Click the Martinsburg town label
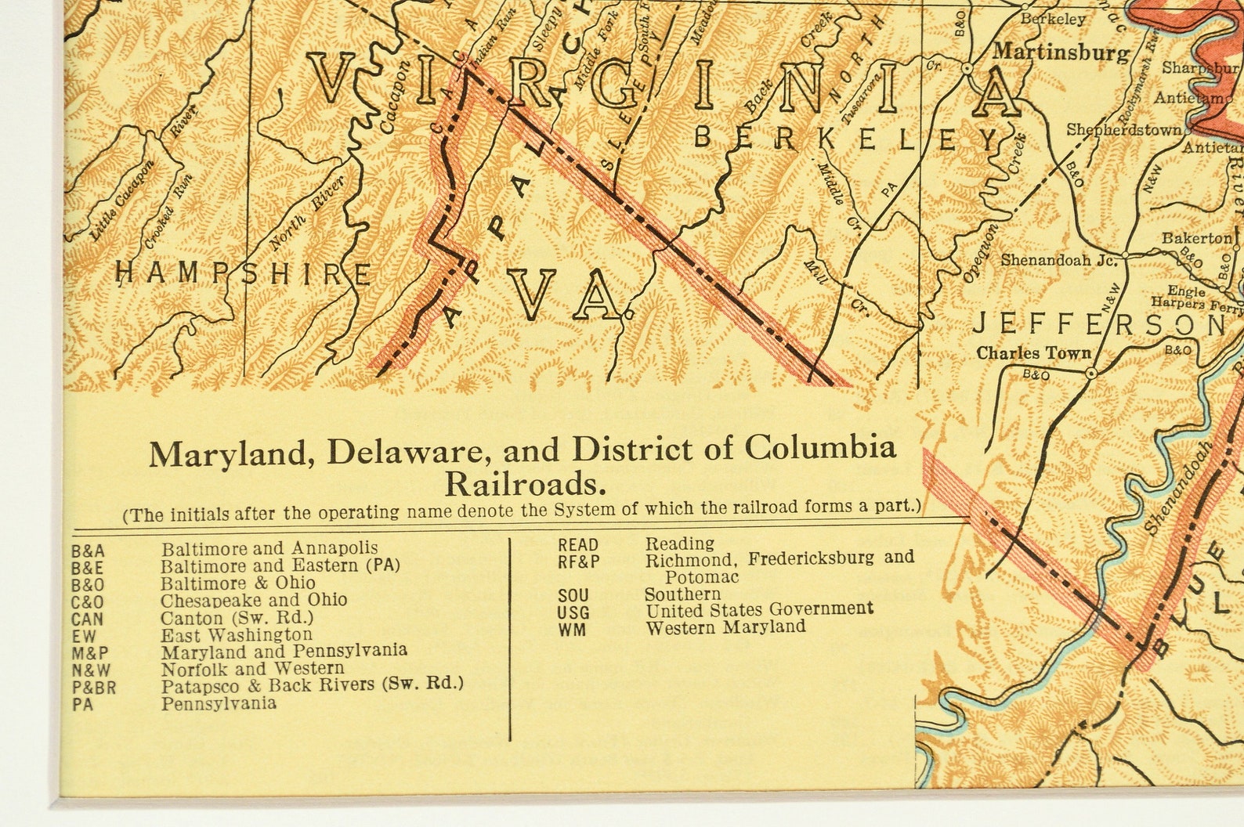(x=1061, y=53)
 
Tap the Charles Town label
(x=1033, y=353)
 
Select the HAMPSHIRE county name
(x=244, y=274)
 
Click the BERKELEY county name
(x=847, y=139)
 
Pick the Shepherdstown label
(x=1123, y=130)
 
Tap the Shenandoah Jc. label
(x=1058, y=259)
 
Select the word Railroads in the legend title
(x=526, y=484)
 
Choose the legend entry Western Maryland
(x=725, y=627)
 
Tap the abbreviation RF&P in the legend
(x=579, y=561)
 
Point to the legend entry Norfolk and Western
(x=252, y=669)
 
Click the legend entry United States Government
(x=758, y=609)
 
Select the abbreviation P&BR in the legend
(x=93, y=687)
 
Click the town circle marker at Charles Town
(x=1090, y=374)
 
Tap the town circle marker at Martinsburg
(x=967, y=69)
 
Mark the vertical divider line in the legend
(x=511, y=638)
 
